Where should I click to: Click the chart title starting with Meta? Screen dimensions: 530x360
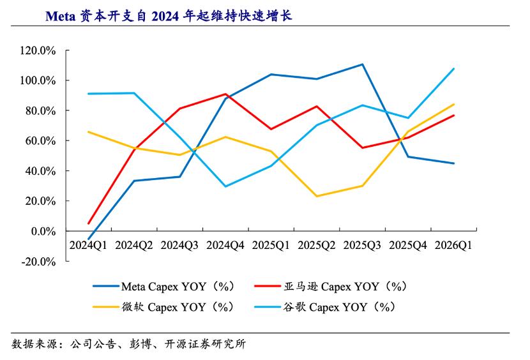click(169, 16)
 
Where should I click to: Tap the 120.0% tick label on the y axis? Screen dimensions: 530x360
click(38, 50)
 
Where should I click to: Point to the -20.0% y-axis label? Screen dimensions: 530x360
click(38, 262)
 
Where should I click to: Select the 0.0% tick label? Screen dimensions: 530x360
click(43, 232)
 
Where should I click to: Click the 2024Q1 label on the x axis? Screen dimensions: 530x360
click(88, 245)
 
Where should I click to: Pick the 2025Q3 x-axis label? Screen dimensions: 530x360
click(362, 245)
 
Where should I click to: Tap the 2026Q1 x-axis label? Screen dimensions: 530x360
click(453, 245)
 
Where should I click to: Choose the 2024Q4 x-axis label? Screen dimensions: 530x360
click(225, 245)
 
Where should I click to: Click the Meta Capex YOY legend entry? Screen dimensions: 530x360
click(163, 287)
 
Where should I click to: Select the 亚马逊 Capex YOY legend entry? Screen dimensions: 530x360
click(330, 287)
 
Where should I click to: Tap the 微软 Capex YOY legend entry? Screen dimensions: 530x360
click(163, 307)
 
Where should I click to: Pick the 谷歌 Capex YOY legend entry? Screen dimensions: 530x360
click(325, 307)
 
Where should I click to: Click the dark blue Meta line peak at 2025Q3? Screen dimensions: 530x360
click(362, 64)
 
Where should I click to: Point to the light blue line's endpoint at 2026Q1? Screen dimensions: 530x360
click(453, 69)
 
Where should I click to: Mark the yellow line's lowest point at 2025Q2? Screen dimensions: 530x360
click(317, 196)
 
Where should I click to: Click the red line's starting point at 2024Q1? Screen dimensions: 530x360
click(89, 223)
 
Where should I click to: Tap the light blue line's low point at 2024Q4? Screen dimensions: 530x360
click(225, 186)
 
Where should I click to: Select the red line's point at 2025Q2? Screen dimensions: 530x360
click(317, 107)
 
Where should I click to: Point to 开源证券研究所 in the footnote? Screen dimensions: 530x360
click(205, 344)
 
